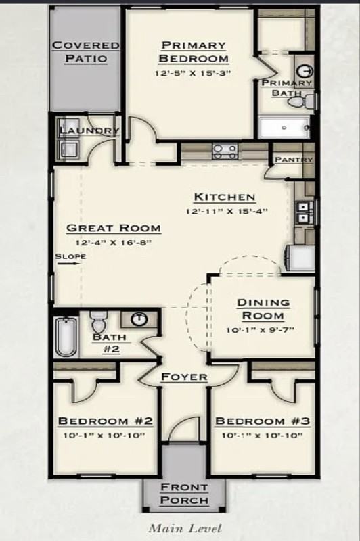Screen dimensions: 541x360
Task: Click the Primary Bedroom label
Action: [x=193, y=51]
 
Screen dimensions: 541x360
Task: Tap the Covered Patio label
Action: [x=86, y=51]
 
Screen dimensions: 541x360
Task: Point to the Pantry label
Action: [x=293, y=160]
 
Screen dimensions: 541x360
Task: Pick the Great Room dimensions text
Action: [x=113, y=242]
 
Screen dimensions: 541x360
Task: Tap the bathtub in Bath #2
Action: [x=66, y=336]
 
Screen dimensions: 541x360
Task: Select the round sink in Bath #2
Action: [x=139, y=319]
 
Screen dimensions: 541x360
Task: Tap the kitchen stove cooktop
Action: [x=224, y=151]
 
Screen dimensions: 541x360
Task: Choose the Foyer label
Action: [x=184, y=377]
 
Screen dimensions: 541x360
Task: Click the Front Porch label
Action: [x=184, y=494]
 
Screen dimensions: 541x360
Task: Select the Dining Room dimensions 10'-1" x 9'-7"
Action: [x=263, y=330]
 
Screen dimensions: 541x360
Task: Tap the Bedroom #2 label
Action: [x=106, y=421]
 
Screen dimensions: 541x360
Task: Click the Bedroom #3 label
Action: [x=263, y=421]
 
